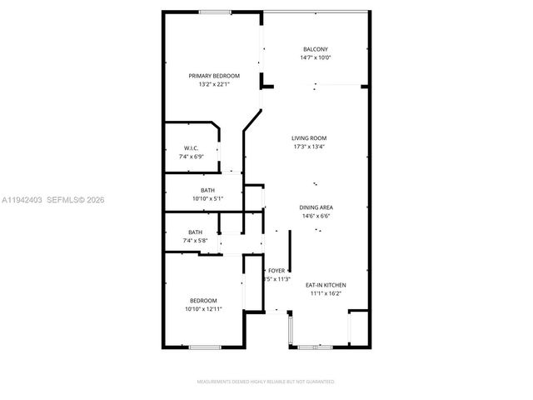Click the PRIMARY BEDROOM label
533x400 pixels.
coord(214,76)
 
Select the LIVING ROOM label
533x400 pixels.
coord(308,138)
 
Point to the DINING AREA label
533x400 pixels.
coord(316,207)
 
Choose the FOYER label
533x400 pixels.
coord(276,271)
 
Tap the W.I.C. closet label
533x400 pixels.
coord(191,148)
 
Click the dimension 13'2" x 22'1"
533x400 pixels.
coord(214,84)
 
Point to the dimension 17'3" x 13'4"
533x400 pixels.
coord(308,147)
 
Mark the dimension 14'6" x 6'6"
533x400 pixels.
coord(316,215)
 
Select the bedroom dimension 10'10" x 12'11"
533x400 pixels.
coord(203,309)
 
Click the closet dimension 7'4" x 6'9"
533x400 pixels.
coord(191,157)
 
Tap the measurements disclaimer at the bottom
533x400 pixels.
coord(265,382)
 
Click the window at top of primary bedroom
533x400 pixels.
coord(215,11)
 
